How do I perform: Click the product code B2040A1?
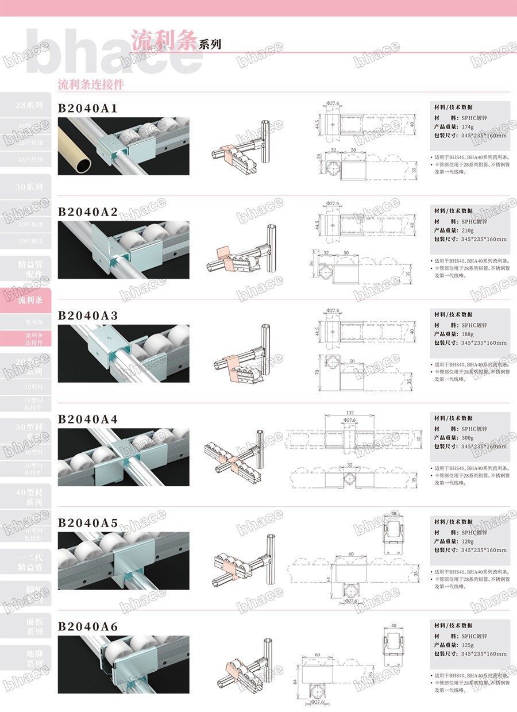[88, 108]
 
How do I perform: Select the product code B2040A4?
[88, 419]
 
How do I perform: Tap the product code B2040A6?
[88, 626]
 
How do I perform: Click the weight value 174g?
[468, 126]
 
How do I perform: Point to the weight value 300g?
[468, 438]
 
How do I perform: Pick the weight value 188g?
[468, 334]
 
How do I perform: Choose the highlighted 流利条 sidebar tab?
[29, 300]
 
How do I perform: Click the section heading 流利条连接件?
[91, 84]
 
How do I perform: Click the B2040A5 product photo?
[124, 560]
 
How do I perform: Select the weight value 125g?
[468, 645]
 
